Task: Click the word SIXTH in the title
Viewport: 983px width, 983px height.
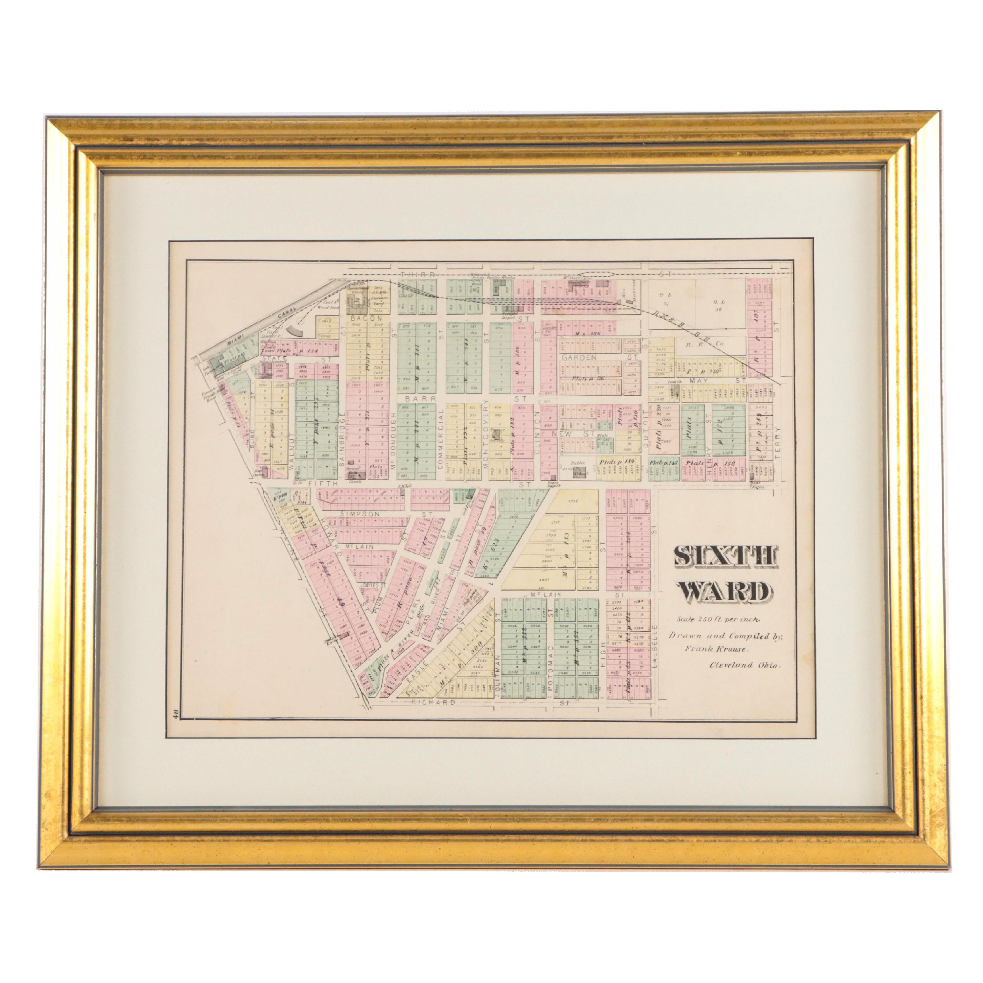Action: click(x=726, y=557)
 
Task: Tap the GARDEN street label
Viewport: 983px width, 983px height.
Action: click(x=579, y=358)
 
